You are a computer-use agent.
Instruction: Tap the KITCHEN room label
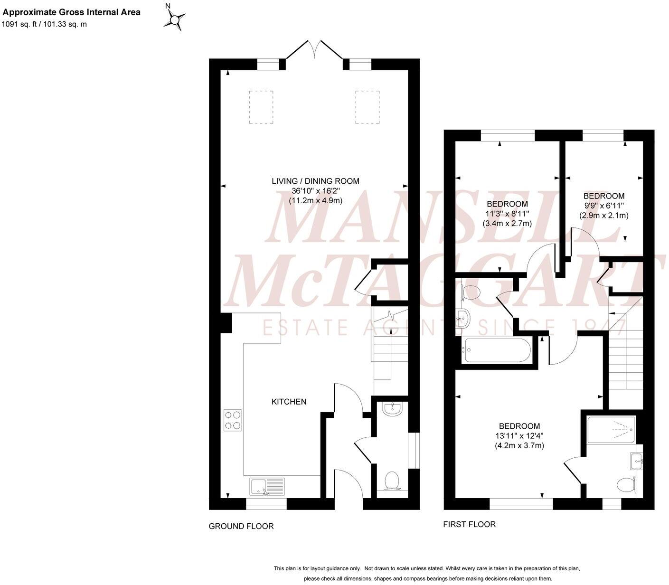[x=289, y=402]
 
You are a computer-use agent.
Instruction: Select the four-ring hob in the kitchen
[x=233, y=420]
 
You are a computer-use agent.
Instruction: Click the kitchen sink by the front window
[x=267, y=486]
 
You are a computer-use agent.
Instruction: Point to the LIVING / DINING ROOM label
[x=315, y=181]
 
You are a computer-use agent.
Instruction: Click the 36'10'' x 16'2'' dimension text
[x=315, y=191]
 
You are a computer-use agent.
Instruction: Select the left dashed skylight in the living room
[x=261, y=107]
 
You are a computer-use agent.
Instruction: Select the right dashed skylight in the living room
[x=367, y=107]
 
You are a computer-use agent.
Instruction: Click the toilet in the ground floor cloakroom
[x=392, y=480]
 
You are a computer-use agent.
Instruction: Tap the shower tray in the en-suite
[x=611, y=429]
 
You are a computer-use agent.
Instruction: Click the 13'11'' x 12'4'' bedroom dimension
[x=519, y=436]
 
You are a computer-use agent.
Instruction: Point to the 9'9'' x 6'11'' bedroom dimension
[x=603, y=206]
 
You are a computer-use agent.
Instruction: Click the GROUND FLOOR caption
[x=241, y=526]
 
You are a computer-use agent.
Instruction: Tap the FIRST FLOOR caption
[x=469, y=524]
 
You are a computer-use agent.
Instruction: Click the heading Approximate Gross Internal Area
[x=72, y=12]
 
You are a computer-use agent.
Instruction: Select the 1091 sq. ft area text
[x=21, y=24]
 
